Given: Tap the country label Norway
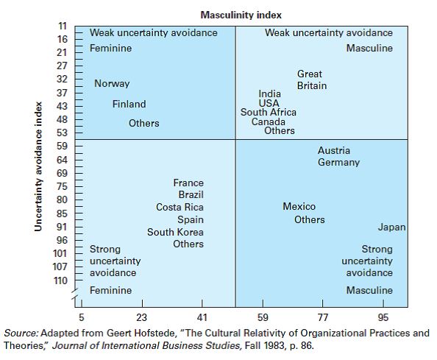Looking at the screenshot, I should click(112, 84).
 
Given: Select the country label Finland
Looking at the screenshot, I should click(129, 105).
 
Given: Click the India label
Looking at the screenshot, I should click(269, 93).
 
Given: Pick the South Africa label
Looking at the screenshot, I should click(269, 113).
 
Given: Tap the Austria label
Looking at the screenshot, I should click(334, 151).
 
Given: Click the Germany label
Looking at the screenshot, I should click(338, 163).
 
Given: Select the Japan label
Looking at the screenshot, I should click(391, 227).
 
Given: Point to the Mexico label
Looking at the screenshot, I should click(299, 207).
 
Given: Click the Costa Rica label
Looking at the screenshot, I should click(180, 208).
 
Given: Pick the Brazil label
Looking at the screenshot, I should click(191, 195).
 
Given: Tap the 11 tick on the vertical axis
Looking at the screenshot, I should click(63, 27).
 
